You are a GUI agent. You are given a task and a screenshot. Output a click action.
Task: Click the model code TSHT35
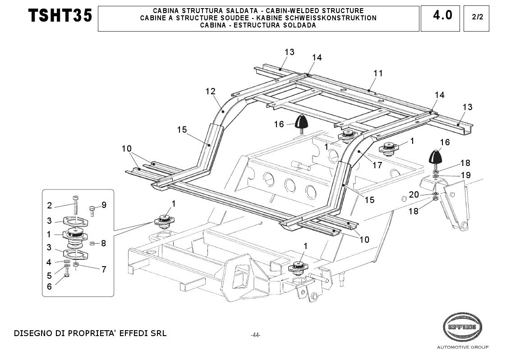(x=60, y=16)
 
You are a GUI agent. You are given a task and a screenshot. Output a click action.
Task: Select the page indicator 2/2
(x=476, y=18)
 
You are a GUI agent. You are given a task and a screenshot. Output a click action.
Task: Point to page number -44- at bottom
(x=256, y=335)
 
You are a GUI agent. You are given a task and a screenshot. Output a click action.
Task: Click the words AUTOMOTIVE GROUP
(x=462, y=347)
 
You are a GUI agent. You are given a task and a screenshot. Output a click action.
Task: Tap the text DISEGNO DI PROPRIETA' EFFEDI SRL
(x=90, y=334)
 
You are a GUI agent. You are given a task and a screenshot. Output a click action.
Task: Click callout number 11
(x=378, y=73)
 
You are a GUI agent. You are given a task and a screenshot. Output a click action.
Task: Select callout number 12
(x=211, y=91)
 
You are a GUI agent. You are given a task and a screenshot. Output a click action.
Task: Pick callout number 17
(x=377, y=165)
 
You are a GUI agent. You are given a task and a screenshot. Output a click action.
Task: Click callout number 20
(x=414, y=194)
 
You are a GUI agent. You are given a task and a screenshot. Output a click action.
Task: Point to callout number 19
(x=465, y=175)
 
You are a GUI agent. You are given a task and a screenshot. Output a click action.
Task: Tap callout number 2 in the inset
(x=50, y=206)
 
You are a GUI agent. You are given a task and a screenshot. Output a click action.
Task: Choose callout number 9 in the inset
(x=104, y=205)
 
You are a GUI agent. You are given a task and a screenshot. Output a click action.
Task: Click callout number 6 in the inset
(x=50, y=286)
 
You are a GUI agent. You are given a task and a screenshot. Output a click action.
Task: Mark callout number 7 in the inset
(x=104, y=269)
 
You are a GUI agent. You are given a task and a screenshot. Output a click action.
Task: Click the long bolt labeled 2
(x=75, y=205)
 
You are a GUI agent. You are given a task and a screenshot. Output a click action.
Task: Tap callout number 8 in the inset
(x=103, y=243)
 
